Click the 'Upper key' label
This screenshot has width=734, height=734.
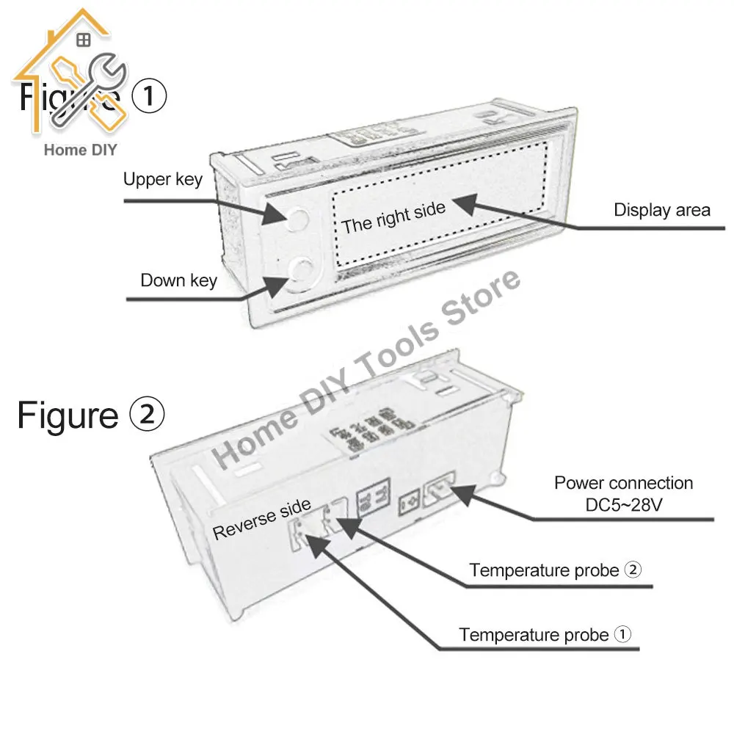[162, 180]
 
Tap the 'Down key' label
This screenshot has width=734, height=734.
[178, 280]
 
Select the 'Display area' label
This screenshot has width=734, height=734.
[661, 211]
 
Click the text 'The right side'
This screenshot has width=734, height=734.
[393, 218]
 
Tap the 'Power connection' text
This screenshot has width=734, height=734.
[623, 483]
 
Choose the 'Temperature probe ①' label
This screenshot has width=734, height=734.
[545, 635]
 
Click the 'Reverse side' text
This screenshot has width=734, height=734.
[261, 520]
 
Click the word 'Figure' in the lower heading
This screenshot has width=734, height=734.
[68, 415]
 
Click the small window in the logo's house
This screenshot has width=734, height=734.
[84, 40]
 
